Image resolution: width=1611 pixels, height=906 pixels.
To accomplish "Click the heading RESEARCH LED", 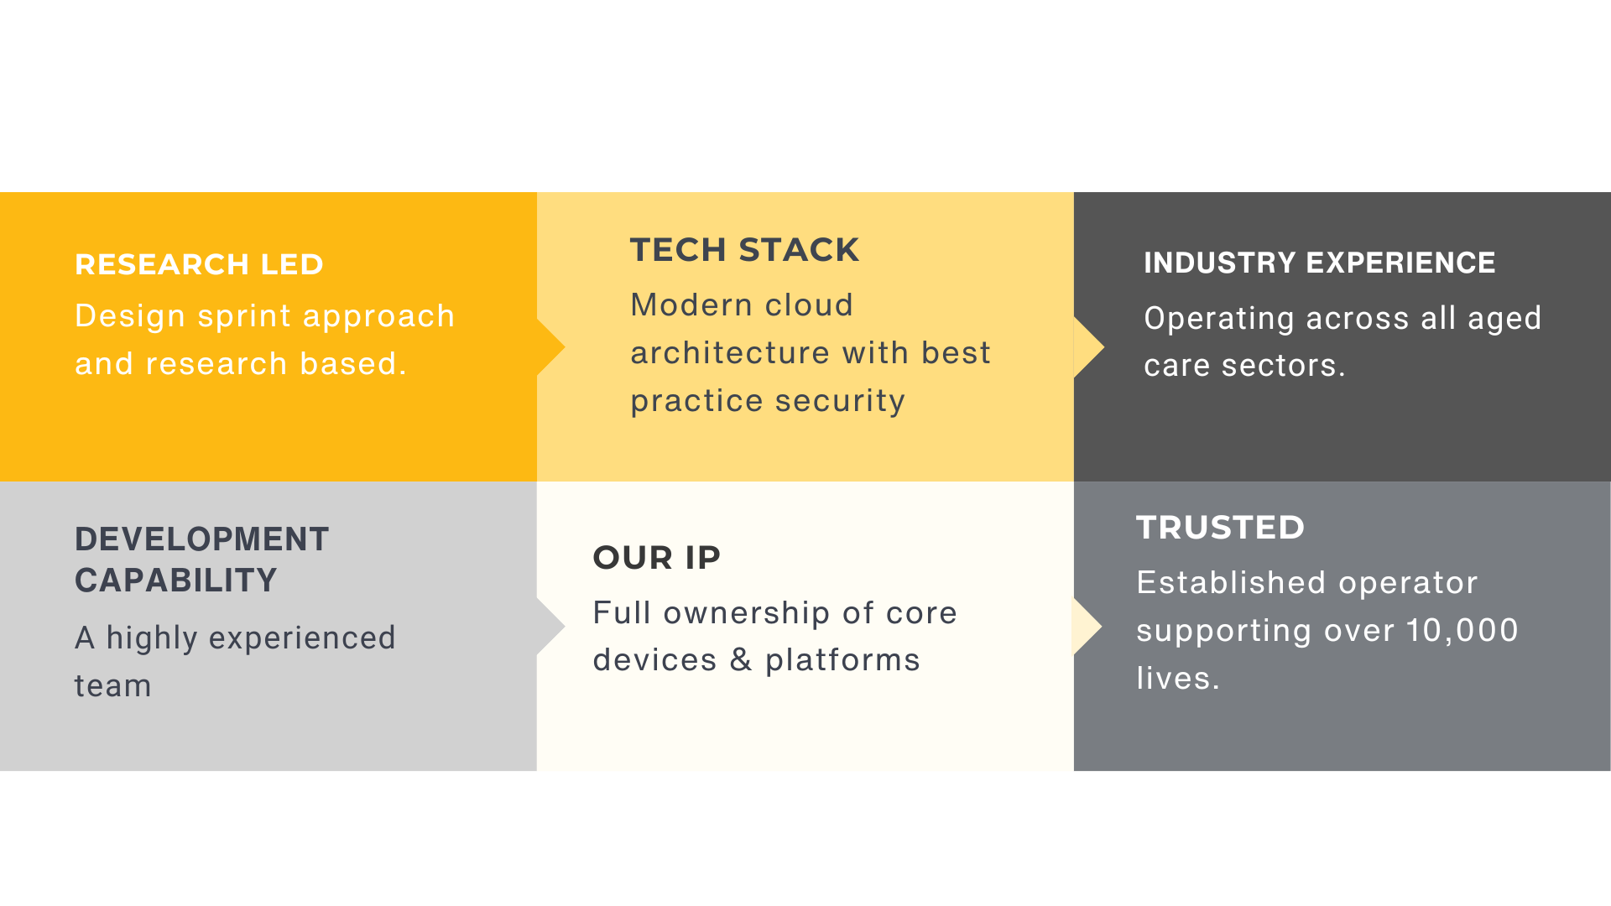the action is coord(199,264).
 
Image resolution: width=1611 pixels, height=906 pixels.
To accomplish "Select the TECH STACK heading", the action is coord(744,250).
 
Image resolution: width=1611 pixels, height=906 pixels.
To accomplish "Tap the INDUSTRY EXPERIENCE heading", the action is coord(1319,263).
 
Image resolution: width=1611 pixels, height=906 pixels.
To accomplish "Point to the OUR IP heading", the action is coord(656,558).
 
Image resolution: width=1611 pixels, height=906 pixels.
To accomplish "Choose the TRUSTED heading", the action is coord(1220,528).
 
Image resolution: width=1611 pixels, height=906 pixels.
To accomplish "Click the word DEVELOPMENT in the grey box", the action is coord(201,539).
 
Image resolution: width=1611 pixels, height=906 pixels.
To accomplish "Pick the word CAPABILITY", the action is coord(175,581).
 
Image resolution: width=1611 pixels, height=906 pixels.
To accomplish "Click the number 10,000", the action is coord(1462,631).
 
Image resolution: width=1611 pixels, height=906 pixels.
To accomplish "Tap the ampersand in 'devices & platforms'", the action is coord(740,660).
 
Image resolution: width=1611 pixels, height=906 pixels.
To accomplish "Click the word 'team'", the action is coord(112,686).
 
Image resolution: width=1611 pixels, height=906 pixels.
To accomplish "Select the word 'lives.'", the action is coord(1178,678).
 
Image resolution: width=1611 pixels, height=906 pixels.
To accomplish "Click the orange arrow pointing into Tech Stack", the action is coord(550,347).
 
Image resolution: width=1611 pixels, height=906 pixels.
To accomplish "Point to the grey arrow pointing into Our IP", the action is coord(550,627).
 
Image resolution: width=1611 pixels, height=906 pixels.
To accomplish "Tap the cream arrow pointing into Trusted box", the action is coord(1087,627).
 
